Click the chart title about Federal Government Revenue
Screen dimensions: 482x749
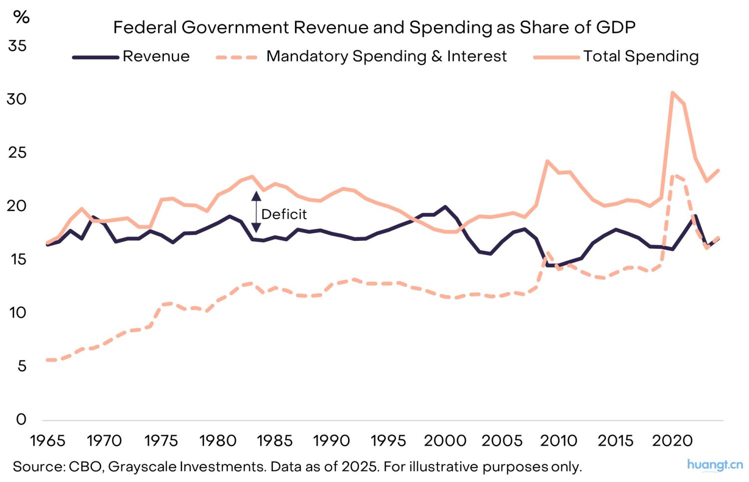[374, 27]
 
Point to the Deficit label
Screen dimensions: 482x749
[284, 214]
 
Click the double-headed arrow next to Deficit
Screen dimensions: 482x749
[256, 212]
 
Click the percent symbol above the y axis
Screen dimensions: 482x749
[21, 17]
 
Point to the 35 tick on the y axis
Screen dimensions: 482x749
[17, 46]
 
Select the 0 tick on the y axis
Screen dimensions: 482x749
[21, 419]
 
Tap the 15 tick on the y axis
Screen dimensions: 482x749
[17, 259]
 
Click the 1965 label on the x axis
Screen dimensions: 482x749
[47, 441]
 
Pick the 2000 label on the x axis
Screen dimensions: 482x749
[445, 441]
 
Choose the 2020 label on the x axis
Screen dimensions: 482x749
[673, 441]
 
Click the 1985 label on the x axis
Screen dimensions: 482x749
[274, 441]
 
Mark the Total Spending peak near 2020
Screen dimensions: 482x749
[673, 92]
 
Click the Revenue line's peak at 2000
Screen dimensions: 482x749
[445, 206]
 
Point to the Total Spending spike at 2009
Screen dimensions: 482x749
[547, 161]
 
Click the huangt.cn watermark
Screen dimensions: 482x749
[715, 465]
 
